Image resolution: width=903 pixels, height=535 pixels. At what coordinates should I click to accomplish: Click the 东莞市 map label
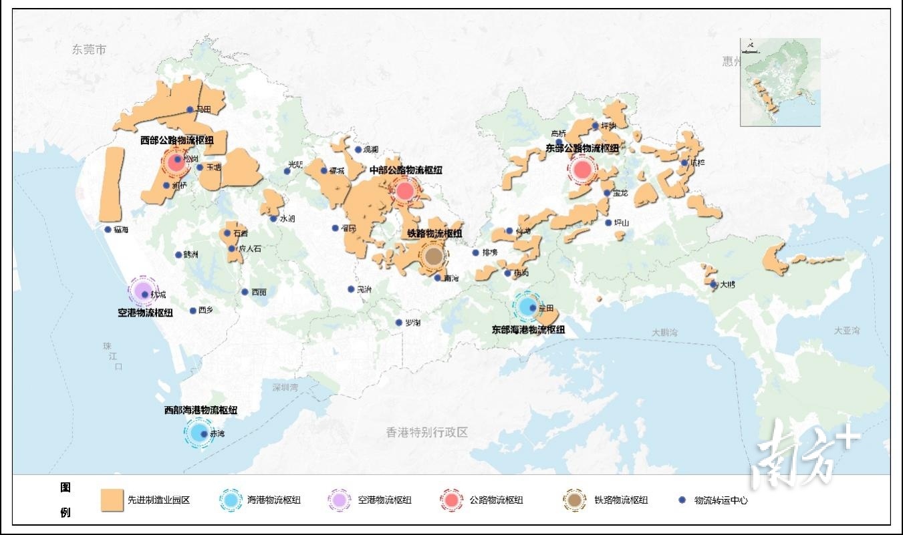pyautogui.click(x=90, y=50)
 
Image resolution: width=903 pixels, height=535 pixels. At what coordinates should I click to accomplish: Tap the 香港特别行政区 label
pyautogui.click(x=426, y=432)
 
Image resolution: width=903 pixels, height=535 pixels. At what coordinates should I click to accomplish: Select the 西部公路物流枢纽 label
pyautogui.click(x=178, y=141)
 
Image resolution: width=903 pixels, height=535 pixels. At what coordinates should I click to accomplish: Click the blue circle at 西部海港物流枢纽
pyautogui.click(x=199, y=432)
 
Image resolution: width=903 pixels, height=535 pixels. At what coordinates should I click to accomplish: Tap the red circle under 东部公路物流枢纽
pyautogui.click(x=582, y=170)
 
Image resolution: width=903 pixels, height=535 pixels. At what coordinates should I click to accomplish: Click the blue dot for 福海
pyautogui.click(x=108, y=230)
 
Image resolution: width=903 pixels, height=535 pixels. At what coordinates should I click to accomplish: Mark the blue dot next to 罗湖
pyautogui.click(x=399, y=323)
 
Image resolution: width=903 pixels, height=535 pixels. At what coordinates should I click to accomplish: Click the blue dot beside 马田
pyautogui.click(x=190, y=110)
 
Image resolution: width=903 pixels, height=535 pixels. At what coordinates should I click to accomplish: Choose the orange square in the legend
pyautogui.click(x=112, y=500)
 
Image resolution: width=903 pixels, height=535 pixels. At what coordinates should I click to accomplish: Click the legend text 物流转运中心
pyautogui.click(x=721, y=500)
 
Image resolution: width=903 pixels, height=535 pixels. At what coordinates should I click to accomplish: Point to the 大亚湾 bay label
pyautogui.click(x=847, y=331)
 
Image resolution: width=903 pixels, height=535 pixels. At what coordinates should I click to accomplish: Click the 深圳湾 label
pyautogui.click(x=285, y=387)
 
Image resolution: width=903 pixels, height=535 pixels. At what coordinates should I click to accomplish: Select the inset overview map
pyautogui.click(x=780, y=82)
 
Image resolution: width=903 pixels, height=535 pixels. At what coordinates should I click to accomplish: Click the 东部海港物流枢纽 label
pyautogui.click(x=528, y=330)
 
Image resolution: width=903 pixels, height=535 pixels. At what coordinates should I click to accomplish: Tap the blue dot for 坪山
pyautogui.click(x=608, y=223)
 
